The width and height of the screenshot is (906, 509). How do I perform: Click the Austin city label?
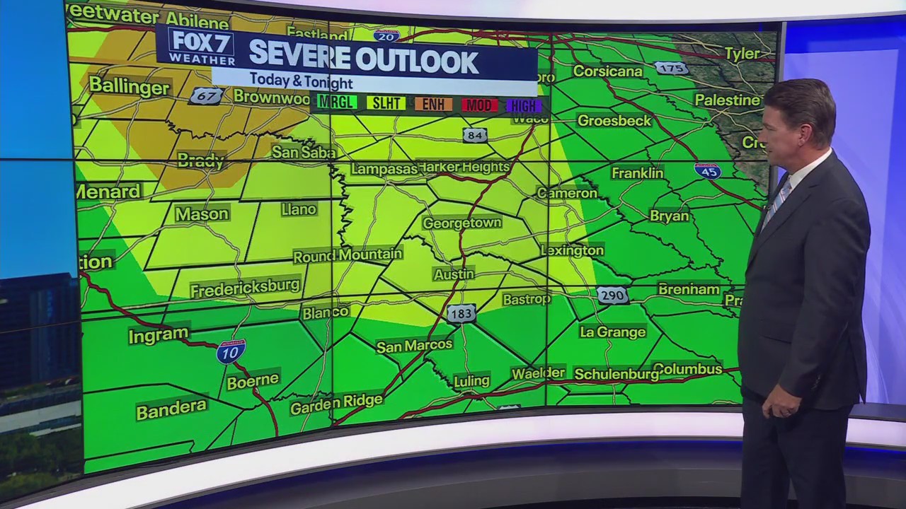[454, 274]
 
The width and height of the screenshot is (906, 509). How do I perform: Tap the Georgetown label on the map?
[461, 223]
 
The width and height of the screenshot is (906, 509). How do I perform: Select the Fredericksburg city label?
[245, 288]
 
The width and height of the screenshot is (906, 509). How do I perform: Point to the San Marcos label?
[414, 346]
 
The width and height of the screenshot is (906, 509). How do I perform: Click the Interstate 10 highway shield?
[231, 351]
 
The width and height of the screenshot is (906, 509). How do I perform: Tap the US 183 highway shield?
[461, 313]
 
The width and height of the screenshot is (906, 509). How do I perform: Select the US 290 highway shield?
[612, 295]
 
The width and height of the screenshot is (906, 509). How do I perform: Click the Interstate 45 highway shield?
[708, 170]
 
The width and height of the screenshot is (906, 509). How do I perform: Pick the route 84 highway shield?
[475, 134]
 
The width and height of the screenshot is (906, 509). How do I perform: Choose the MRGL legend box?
[336, 103]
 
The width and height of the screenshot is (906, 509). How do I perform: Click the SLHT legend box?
[386, 104]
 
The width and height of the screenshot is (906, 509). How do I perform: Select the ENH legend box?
[433, 105]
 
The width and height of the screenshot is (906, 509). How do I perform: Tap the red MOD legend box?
[479, 105]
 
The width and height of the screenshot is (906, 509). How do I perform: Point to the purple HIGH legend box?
[524, 106]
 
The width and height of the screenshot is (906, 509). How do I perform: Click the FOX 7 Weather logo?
[201, 47]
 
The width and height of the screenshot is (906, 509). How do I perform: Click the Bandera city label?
[171, 409]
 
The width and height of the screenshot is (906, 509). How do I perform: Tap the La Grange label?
[612, 332]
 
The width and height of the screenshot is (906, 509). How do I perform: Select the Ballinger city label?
[130, 88]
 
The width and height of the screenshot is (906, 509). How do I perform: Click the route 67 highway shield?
[207, 95]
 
